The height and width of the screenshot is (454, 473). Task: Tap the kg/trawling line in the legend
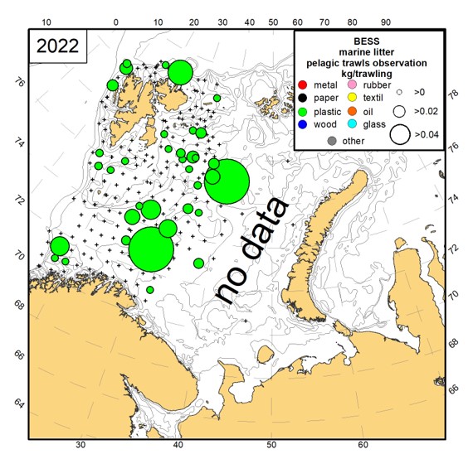(370, 72)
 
